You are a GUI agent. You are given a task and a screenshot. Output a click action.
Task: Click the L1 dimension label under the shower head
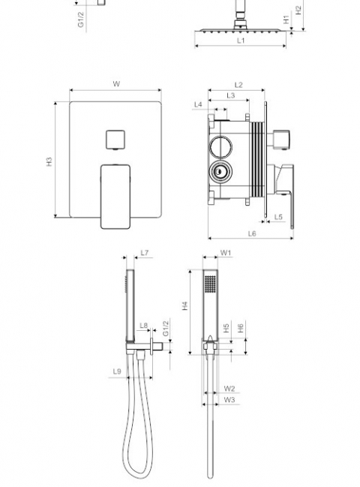241,41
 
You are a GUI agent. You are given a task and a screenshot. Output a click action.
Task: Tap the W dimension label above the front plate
116,83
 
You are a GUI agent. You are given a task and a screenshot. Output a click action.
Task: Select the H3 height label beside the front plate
49,161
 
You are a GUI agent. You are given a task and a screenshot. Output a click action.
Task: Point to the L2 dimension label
238,85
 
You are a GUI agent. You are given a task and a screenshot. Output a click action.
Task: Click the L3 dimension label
230,95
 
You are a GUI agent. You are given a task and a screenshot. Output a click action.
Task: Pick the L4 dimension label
198,104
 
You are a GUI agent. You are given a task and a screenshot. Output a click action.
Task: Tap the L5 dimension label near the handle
278,217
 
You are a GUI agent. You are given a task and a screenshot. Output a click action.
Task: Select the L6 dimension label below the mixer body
252,233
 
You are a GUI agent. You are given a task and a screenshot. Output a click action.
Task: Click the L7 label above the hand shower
145,253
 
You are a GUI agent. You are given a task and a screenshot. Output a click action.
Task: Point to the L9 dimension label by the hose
117,371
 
